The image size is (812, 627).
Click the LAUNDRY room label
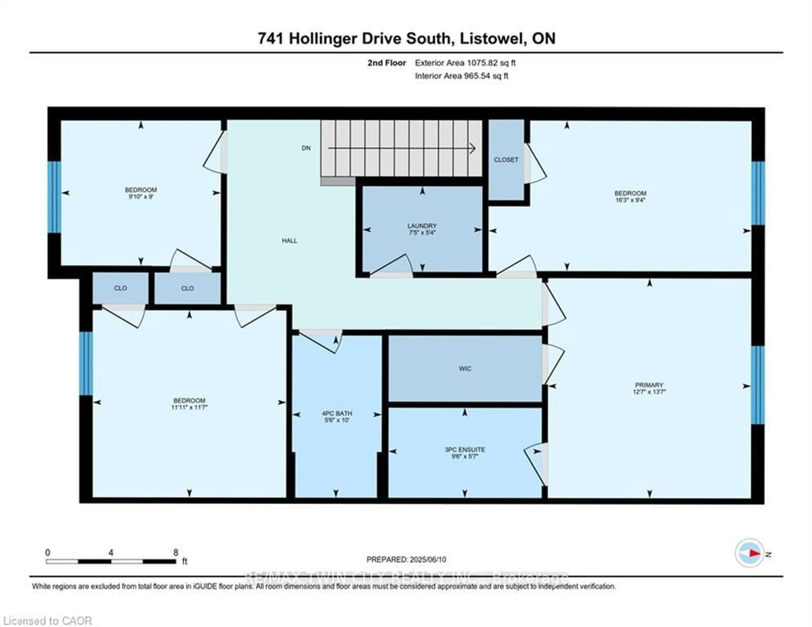point(422,226)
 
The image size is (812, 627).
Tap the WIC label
point(465,368)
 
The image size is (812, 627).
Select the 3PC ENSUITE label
point(465,450)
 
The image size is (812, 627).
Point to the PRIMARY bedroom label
point(649,385)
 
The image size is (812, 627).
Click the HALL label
point(289,241)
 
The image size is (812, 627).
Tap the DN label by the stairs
point(306,148)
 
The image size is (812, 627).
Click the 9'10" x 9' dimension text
point(141,196)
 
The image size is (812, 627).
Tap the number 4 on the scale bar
point(111,553)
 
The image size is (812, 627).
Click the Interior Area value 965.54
point(477,76)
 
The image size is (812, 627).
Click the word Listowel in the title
point(491,38)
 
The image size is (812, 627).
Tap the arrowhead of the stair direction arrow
point(473,148)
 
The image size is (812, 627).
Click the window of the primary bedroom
point(758,385)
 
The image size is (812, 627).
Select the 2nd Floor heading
point(387,63)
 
